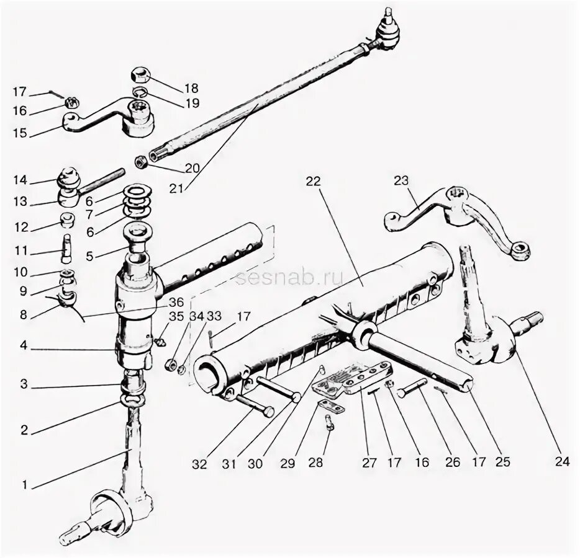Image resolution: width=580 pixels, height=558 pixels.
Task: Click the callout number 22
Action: click(x=313, y=181)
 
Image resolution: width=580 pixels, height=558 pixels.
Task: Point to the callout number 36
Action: click(x=176, y=303)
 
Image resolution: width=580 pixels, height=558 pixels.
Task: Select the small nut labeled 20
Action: click(x=142, y=162)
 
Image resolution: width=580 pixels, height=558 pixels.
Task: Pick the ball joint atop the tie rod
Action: click(x=385, y=31)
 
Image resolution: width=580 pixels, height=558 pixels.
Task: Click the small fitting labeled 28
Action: click(x=329, y=424)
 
